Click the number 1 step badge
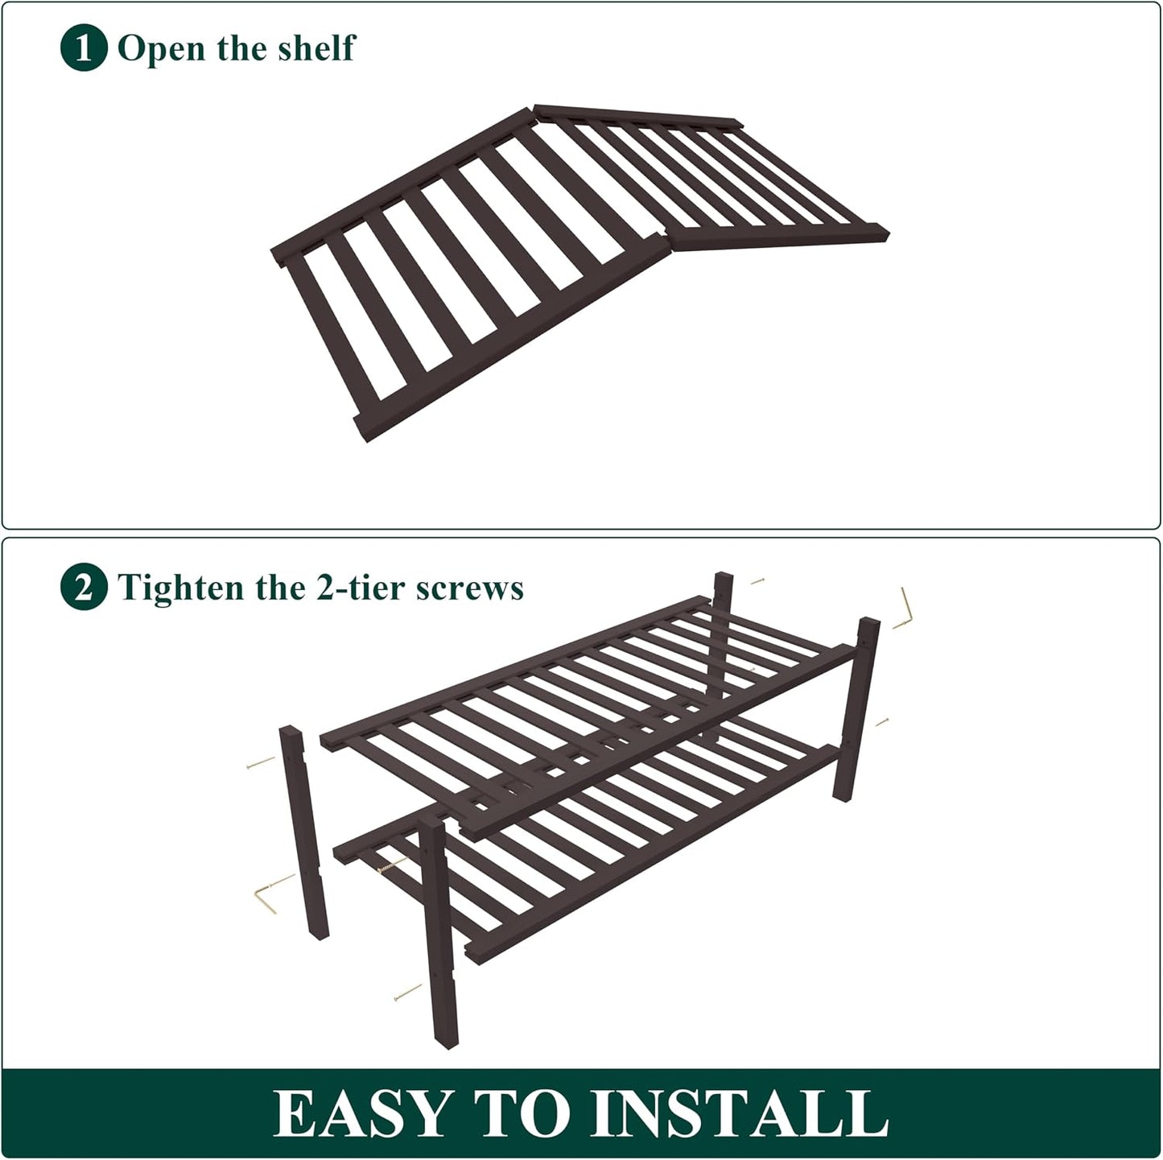(84, 47)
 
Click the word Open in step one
(161, 48)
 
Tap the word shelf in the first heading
(316, 47)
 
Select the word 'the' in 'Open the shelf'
(241, 47)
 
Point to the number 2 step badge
(84, 586)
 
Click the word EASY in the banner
(363, 1113)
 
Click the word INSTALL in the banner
(738, 1113)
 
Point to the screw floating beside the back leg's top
(757, 581)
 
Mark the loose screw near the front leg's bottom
(407, 992)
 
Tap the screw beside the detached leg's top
(261, 763)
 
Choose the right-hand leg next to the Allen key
(856, 708)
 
